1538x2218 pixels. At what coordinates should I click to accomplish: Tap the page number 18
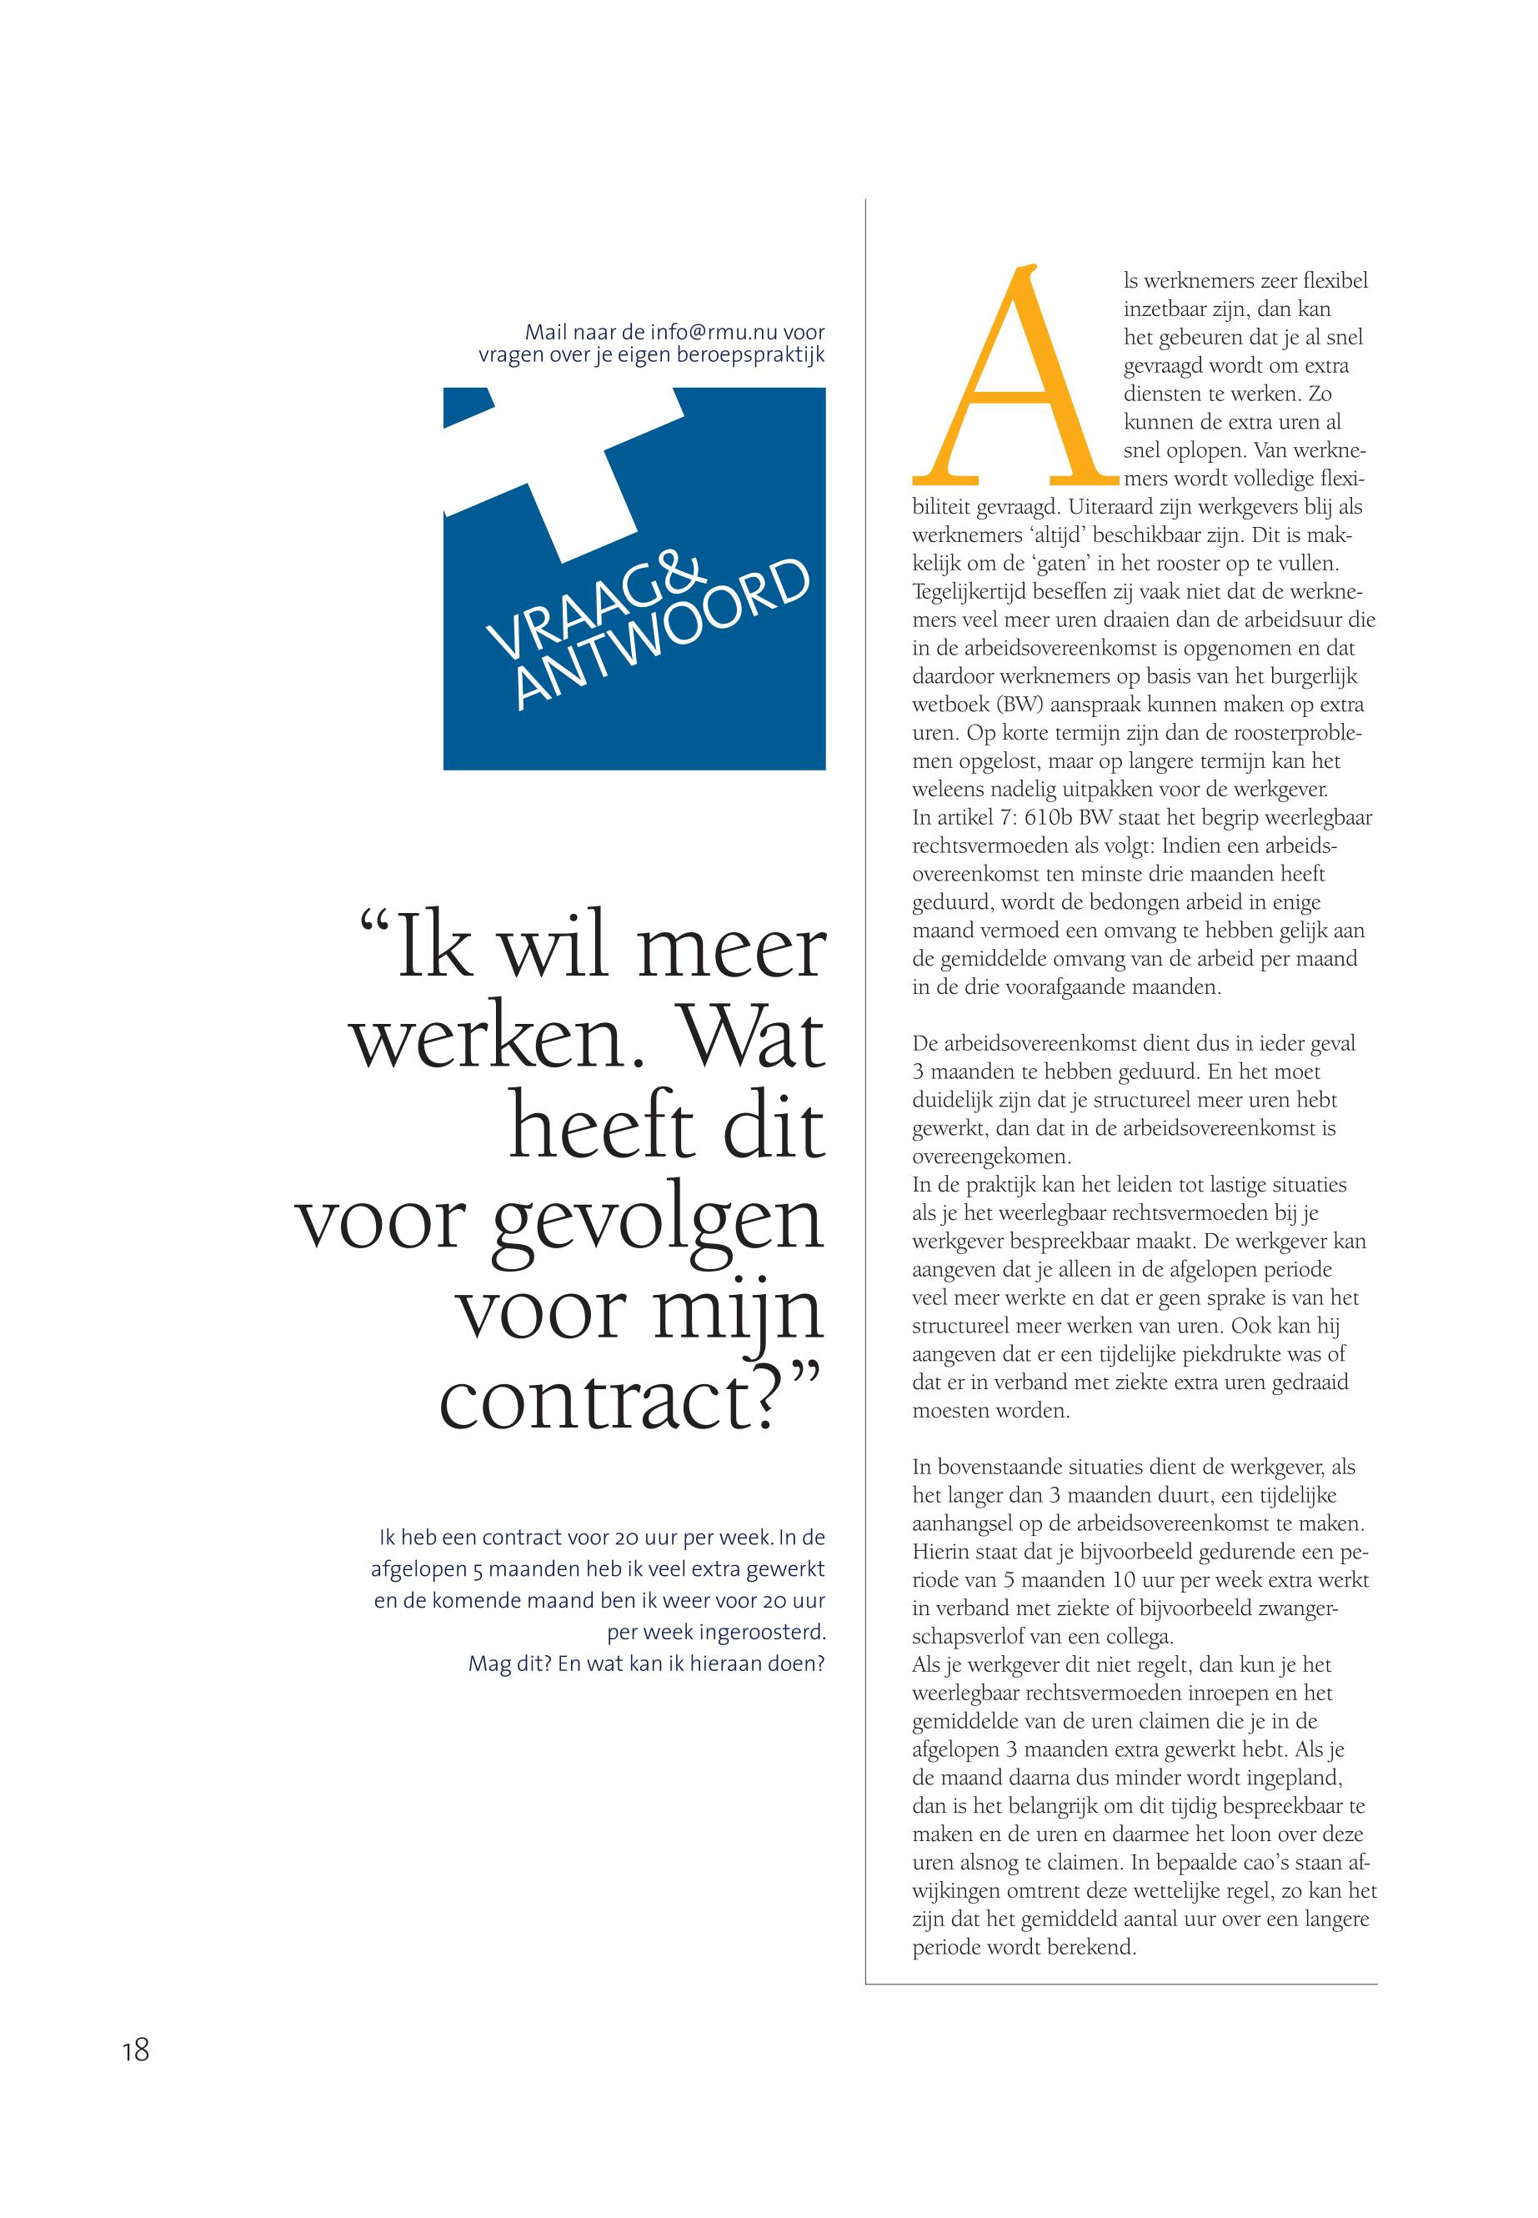point(136,2078)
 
